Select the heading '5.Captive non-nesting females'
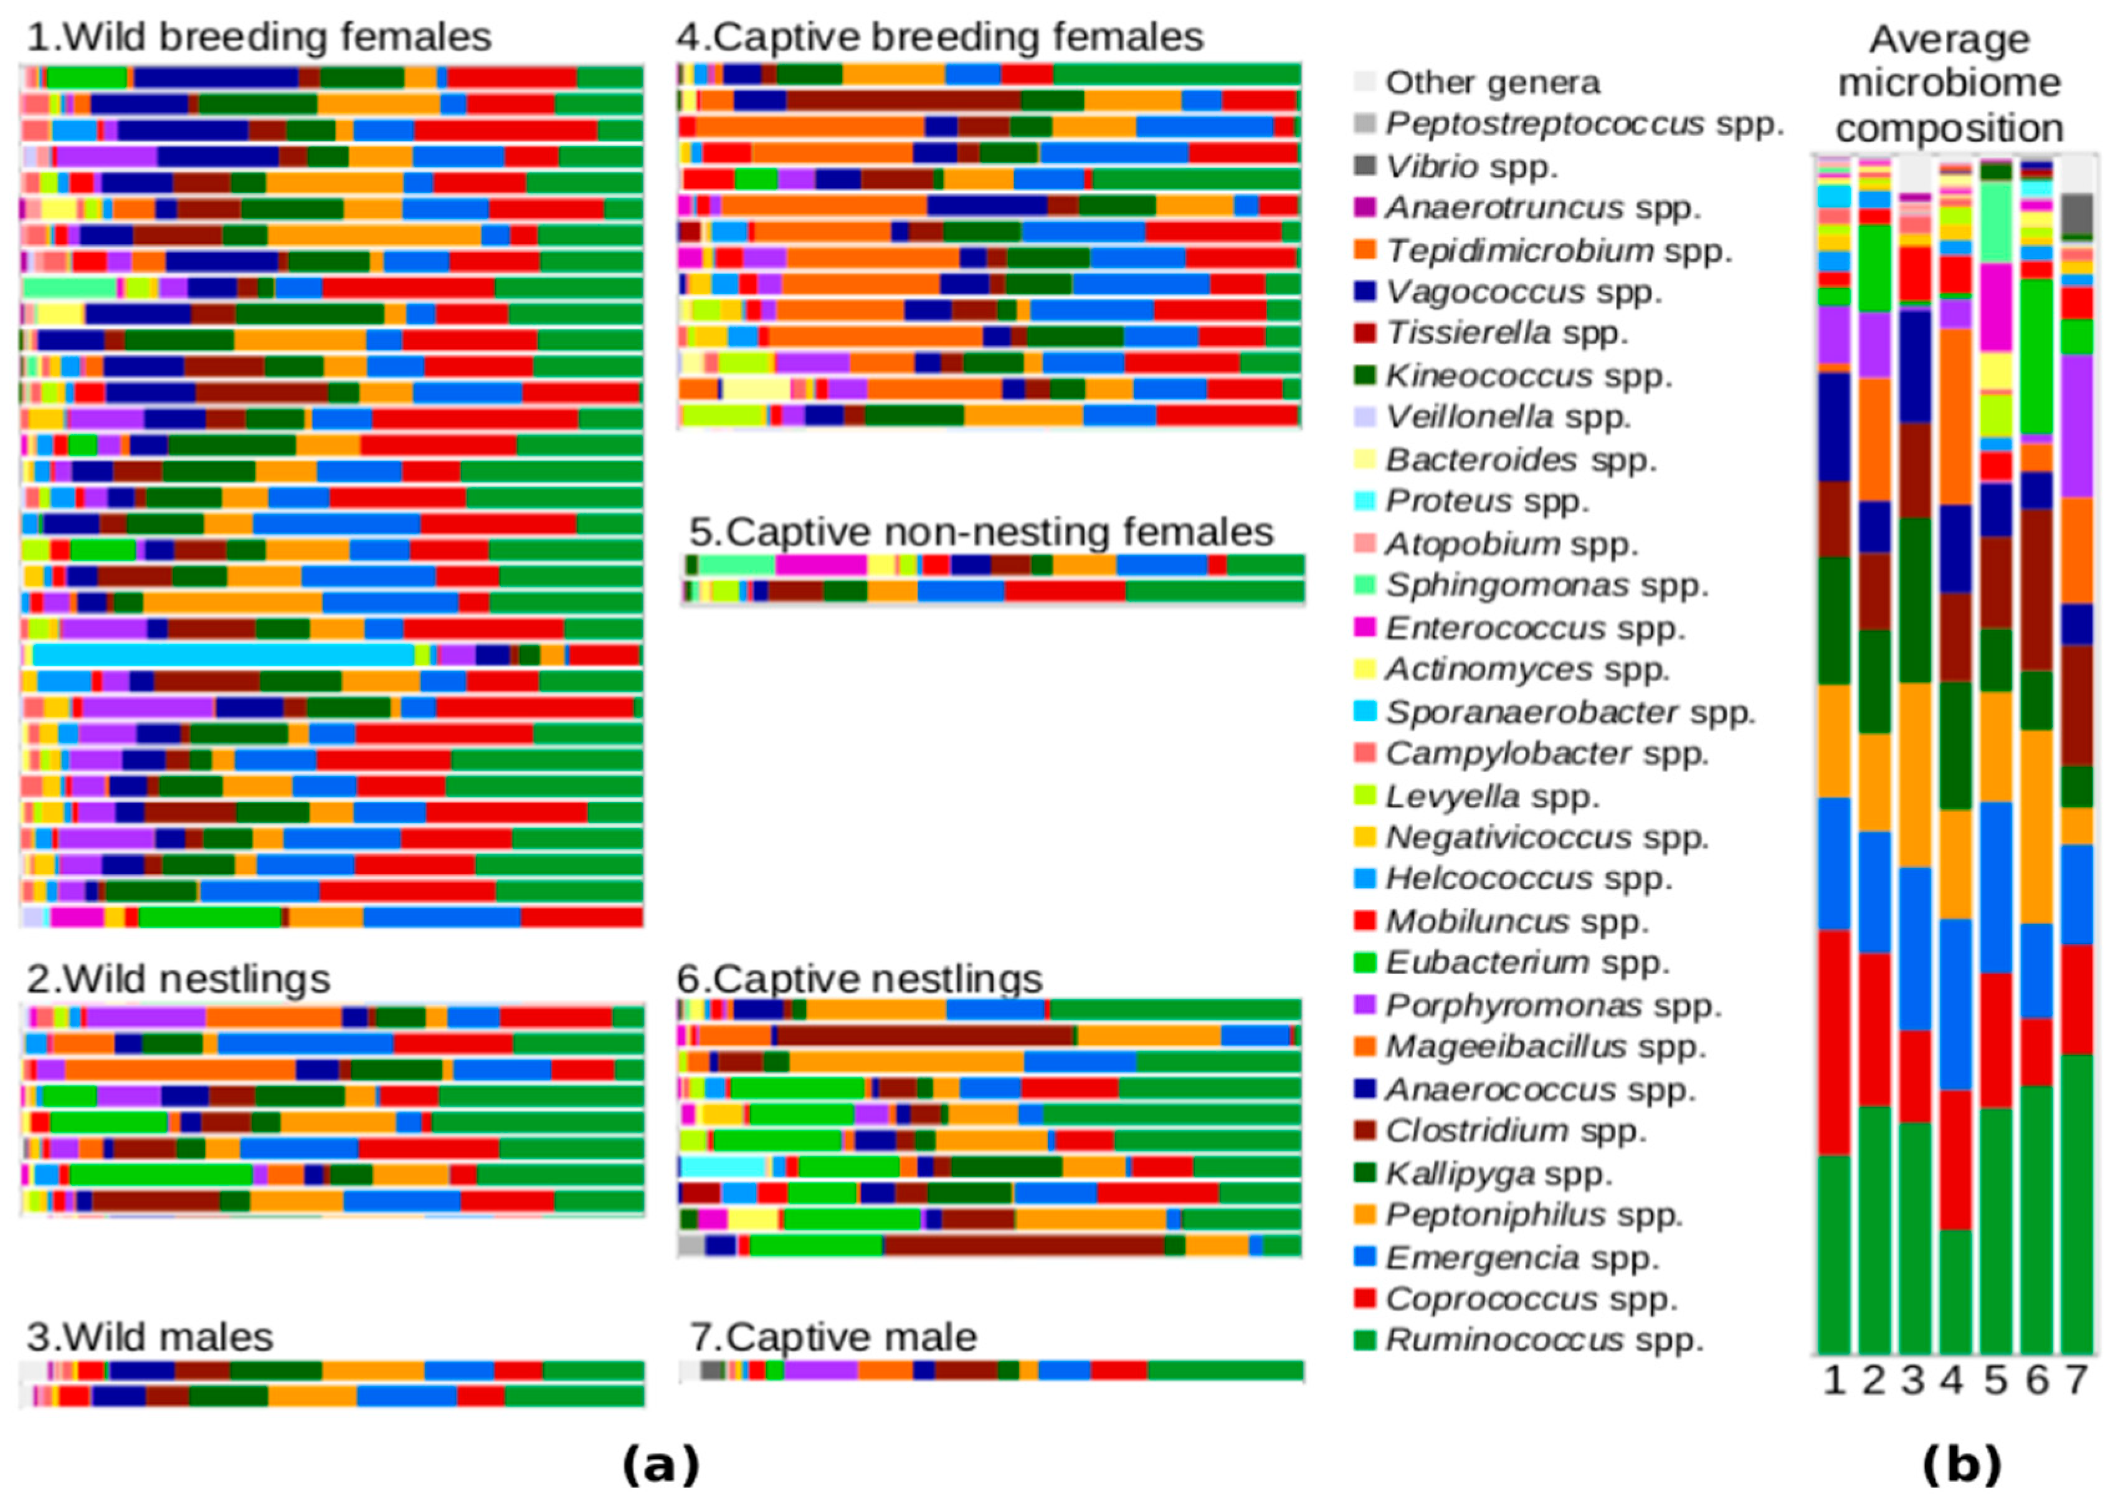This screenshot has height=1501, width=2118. click(x=981, y=532)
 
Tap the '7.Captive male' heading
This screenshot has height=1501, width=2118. click(x=833, y=1337)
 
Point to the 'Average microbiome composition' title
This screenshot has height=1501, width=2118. click(x=1949, y=83)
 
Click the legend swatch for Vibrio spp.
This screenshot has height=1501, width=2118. click(x=1364, y=166)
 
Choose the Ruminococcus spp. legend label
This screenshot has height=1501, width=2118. click(x=1543, y=1340)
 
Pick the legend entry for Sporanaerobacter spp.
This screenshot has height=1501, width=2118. click(x=1569, y=712)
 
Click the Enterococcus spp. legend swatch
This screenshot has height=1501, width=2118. click(x=1364, y=627)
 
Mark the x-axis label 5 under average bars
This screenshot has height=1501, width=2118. click(x=1996, y=1381)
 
